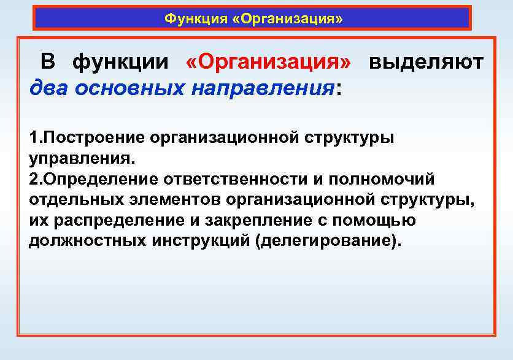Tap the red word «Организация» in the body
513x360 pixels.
tap(268, 63)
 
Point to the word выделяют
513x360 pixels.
tap(426, 63)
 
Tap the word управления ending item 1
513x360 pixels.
tap(79, 159)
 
